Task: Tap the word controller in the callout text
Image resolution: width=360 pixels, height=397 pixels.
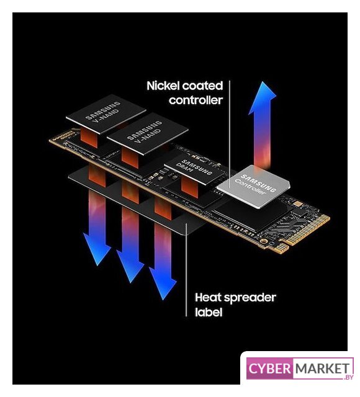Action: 196,100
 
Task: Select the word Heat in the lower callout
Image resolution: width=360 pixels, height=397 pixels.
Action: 208,297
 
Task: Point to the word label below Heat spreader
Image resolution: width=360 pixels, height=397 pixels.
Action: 209,312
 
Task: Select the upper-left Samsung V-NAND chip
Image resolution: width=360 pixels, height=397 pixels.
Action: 106,114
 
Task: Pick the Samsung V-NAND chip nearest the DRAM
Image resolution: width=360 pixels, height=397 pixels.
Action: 148,134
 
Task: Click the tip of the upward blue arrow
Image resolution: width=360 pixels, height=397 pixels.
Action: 263,82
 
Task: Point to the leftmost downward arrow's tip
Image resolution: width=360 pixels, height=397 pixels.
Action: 98,265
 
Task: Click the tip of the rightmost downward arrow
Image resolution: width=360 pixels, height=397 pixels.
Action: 163,300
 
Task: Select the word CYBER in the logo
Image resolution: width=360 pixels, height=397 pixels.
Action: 269,368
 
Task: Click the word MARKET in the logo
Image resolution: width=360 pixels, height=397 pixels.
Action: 322,368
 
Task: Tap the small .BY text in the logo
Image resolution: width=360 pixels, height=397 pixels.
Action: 348,377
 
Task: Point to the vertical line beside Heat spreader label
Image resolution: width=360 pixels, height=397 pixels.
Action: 186,270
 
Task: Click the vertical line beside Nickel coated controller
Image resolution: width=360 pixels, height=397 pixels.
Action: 230,134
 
